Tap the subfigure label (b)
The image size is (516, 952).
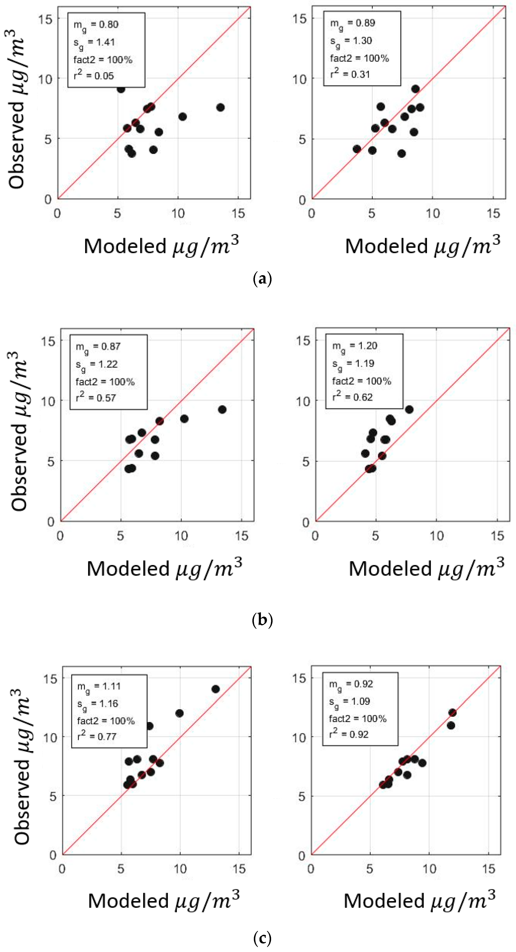[x=262, y=619]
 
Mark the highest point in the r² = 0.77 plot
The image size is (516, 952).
[x=216, y=689]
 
